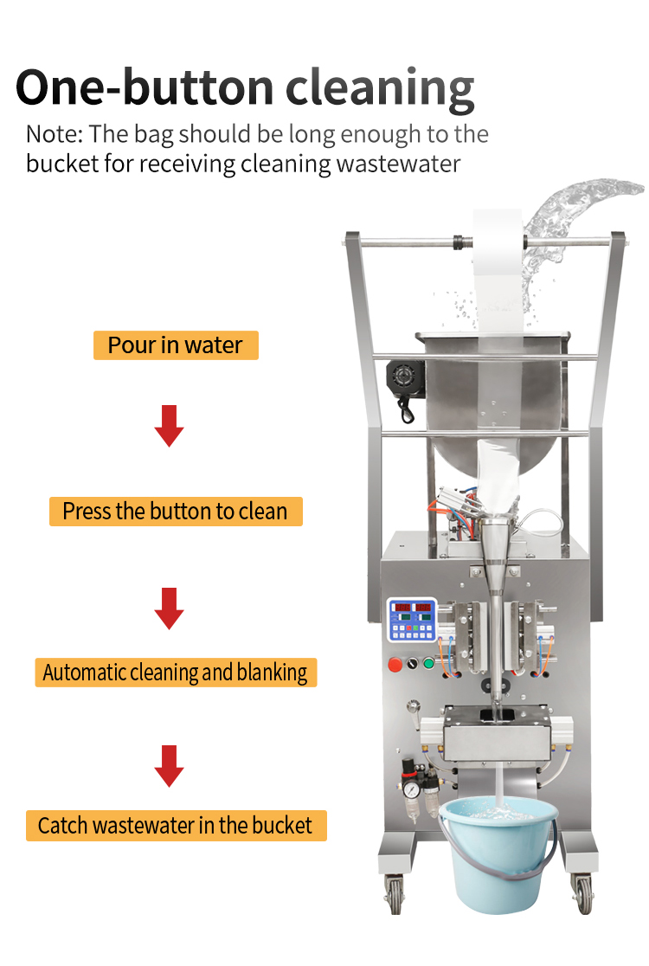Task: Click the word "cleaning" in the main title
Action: (381, 87)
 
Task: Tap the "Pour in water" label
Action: (176, 345)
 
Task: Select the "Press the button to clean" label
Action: (175, 512)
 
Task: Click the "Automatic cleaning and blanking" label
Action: (176, 672)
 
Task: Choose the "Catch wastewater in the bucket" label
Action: (176, 825)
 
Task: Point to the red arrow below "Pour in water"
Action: (170, 425)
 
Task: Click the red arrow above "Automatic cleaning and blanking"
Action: (170, 609)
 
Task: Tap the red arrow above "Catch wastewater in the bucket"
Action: (170, 766)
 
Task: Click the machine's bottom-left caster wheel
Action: (396, 892)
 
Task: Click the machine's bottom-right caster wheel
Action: (582, 892)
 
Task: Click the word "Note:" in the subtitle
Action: (55, 134)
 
